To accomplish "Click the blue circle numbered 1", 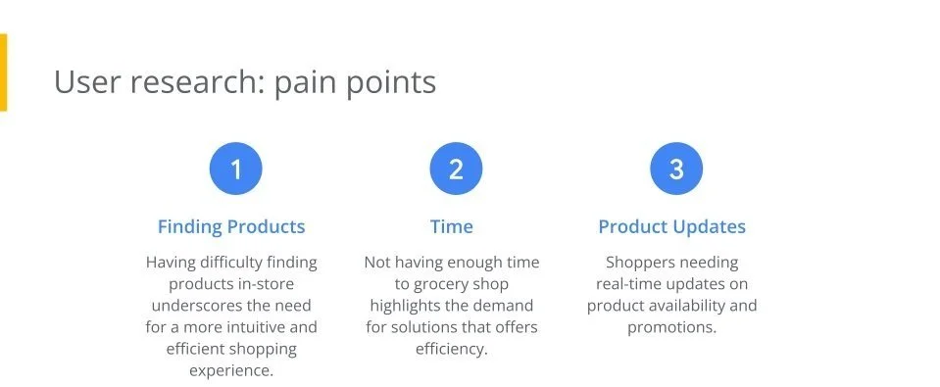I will pos(235,169).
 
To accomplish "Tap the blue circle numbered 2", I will pos(456,169).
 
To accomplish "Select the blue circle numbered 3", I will pos(676,169).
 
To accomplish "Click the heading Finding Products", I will pos(231,226).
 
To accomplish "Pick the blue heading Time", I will pos(452,226).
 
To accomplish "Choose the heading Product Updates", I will pos(672,226).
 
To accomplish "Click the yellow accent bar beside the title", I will pos(3,73).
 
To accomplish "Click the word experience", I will pos(231,370).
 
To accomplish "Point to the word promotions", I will pos(672,327).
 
